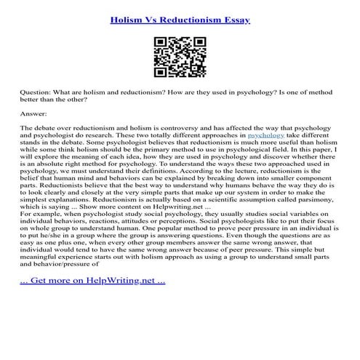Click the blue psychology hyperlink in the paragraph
tap(265, 135)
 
